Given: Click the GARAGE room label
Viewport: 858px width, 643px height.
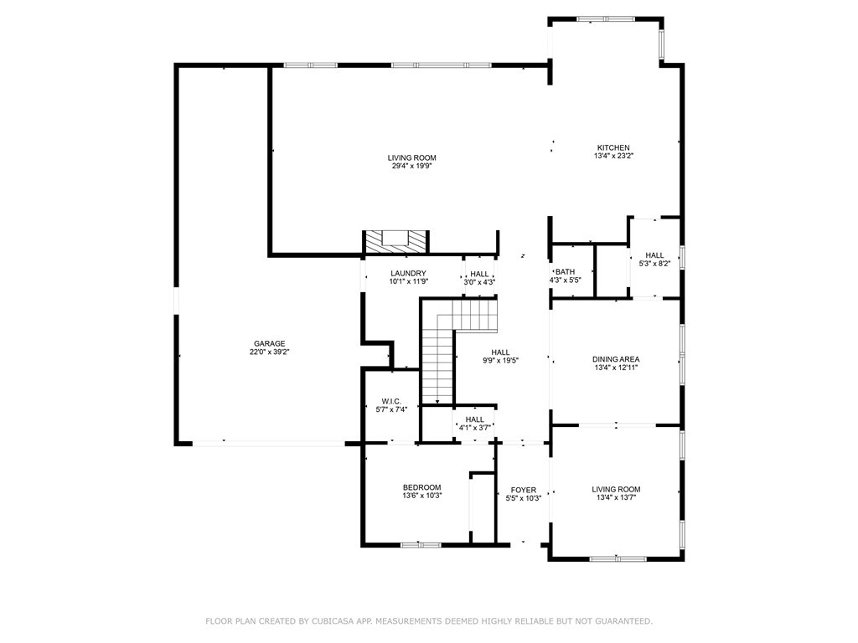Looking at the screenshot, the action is point(269,344).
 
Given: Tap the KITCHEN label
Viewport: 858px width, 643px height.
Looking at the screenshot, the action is point(613,147).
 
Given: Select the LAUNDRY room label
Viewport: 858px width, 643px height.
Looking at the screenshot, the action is point(408,274).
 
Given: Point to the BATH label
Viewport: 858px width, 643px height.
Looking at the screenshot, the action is point(566,272).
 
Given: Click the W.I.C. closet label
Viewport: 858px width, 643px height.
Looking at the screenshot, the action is point(391,401).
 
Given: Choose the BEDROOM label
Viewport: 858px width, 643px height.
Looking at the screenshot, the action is point(422,488).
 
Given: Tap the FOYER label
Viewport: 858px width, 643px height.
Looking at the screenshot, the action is point(524,490).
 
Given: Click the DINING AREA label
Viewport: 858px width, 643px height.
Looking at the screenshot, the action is point(616,359).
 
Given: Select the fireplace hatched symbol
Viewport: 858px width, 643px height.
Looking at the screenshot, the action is point(395,242).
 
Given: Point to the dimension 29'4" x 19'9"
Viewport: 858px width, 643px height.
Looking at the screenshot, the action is point(412,167).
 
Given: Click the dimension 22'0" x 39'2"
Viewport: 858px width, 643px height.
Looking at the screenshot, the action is point(269,352).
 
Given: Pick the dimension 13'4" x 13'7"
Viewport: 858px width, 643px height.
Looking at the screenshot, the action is point(616,497).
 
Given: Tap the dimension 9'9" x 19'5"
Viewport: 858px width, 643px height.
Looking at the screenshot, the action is point(500,361).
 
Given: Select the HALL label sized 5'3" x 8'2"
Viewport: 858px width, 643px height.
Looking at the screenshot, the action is point(654,255).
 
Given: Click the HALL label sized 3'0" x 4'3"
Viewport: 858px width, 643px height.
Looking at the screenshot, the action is point(479,274).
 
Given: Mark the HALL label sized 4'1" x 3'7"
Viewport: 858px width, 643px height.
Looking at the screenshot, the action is point(474,419).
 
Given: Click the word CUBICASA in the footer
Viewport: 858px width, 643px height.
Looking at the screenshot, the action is point(333,621).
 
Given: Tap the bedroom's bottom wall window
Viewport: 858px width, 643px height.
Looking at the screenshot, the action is point(421,545).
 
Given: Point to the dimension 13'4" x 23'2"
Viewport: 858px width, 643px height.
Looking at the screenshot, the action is point(613,156).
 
